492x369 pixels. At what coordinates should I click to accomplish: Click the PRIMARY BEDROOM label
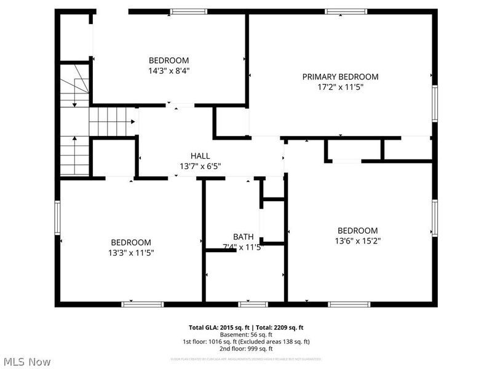(x=340, y=77)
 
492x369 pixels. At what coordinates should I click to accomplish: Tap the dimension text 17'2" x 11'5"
(x=340, y=87)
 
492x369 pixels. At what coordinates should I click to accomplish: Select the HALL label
(x=200, y=156)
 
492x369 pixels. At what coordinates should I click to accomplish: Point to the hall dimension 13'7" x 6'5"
(x=200, y=166)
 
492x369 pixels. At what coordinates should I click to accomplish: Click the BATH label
(x=243, y=237)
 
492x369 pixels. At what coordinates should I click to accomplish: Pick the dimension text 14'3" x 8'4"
(x=169, y=70)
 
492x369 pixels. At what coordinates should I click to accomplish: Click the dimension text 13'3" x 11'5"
(x=130, y=252)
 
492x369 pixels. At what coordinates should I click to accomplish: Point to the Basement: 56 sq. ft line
(x=245, y=335)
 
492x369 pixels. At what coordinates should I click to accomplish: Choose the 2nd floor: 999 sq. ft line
(x=245, y=349)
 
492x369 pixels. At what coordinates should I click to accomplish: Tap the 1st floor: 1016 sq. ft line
(x=245, y=342)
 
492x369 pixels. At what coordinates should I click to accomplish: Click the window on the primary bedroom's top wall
(x=346, y=11)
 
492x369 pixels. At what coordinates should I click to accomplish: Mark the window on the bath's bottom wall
(x=253, y=304)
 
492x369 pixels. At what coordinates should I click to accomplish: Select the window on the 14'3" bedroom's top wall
(x=189, y=11)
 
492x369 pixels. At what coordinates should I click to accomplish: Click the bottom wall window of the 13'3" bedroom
(x=142, y=304)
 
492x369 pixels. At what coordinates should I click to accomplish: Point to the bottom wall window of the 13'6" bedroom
(x=349, y=304)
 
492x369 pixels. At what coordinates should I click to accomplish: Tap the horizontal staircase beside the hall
(x=112, y=121)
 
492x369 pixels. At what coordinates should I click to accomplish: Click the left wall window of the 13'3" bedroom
(x=58, y=220)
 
